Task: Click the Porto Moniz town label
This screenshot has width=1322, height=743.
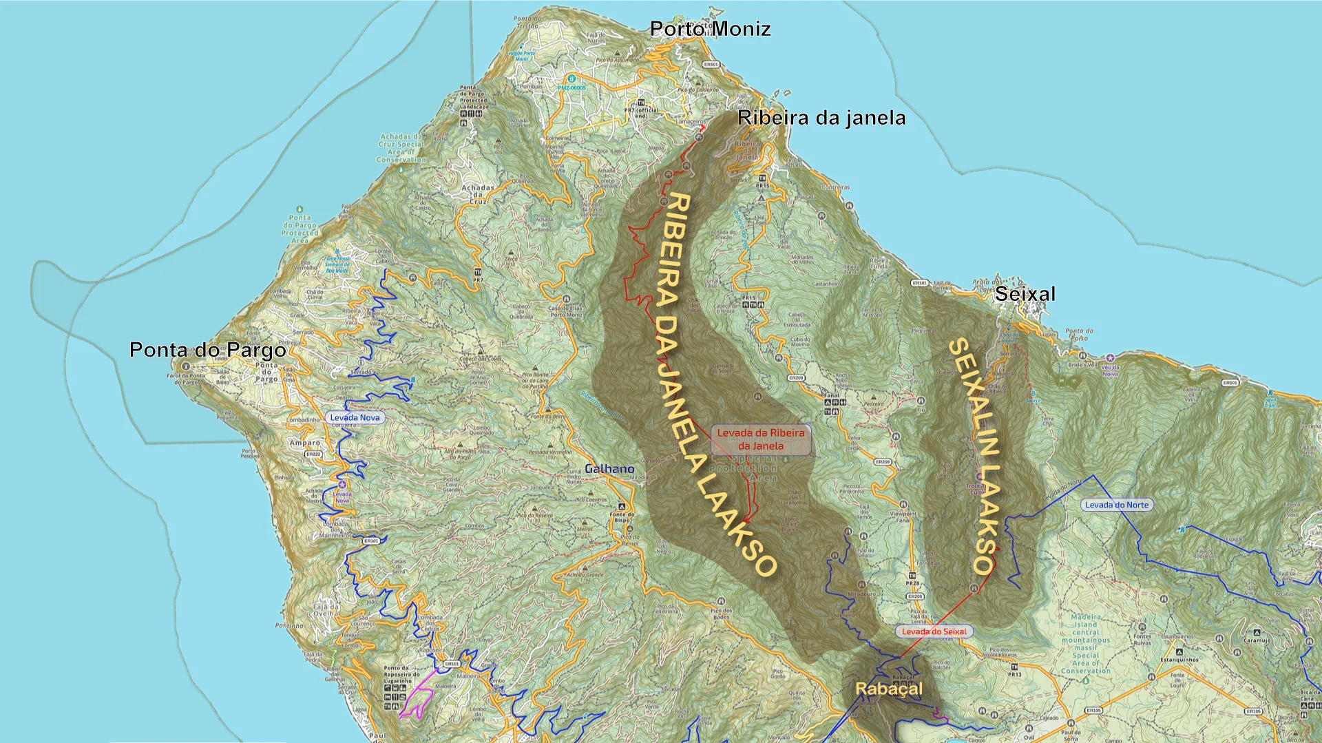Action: click(710, 29)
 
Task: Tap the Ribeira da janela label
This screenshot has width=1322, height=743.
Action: click(821, 118)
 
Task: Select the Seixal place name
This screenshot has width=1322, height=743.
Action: click(1025, 294)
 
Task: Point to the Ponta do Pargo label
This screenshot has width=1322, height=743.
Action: click(207, 350)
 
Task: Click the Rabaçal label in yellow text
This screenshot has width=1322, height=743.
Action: click(888, 689)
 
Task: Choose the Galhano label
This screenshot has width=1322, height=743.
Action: click(609, 469)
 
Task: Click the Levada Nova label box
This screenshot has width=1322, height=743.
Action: click(355, 417)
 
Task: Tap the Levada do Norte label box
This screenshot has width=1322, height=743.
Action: click(1117, 505)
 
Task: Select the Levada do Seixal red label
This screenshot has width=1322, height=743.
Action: click(934, 631)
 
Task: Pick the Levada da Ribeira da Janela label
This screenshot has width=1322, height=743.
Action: click(760, 439)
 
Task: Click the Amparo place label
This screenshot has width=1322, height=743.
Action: click(305, 443)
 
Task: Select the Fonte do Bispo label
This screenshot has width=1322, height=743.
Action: click(622, 517)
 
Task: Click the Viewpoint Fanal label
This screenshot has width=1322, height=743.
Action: click(903, 516)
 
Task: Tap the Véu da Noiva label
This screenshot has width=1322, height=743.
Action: click(1110, 370)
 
